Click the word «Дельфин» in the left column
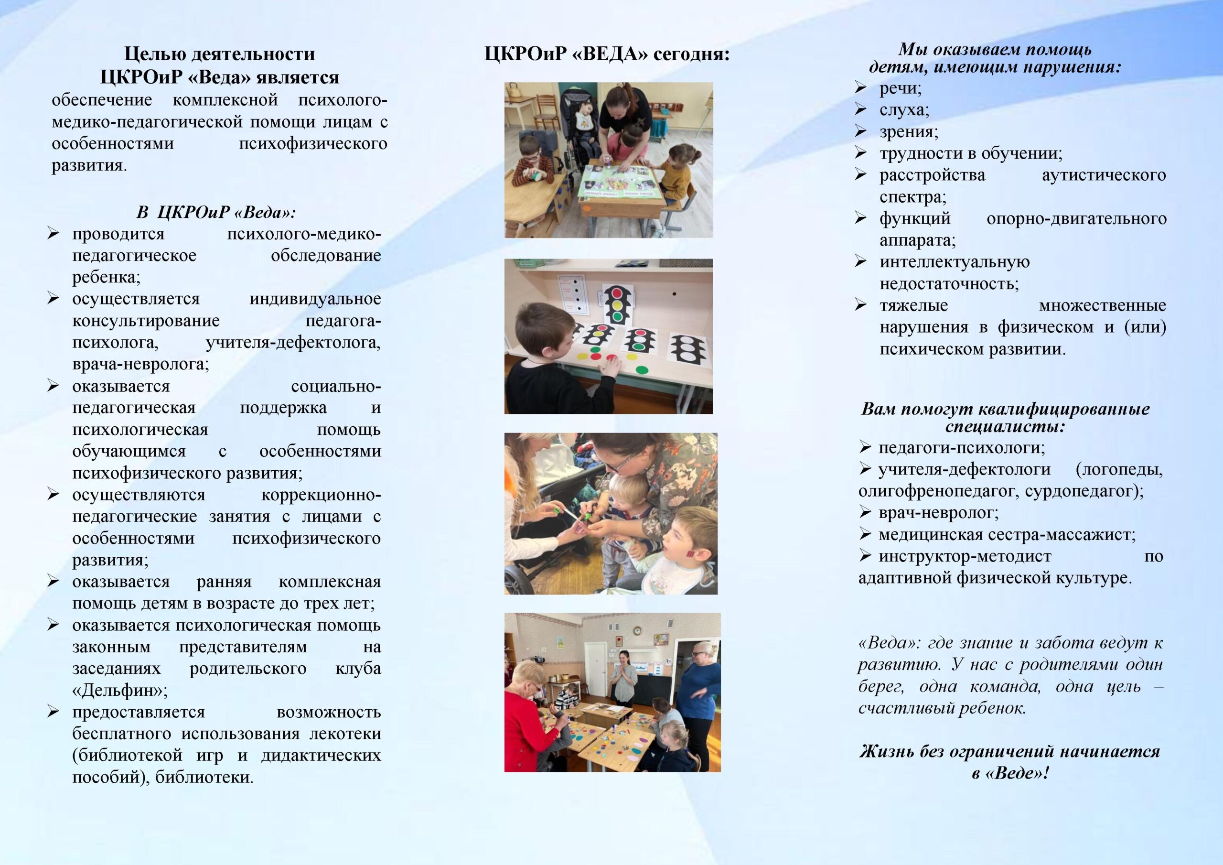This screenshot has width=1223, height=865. pyautogui.click(x=119, y=691)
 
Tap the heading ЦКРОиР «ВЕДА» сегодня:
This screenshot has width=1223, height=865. pyautogui.click(x=607, y=54)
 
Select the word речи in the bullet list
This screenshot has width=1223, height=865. pyautogui.click(x=899, y=88)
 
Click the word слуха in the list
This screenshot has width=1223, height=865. pyautogui.click(x=903, y=110)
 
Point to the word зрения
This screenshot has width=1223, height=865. pyautogui.click(x=908, y=131)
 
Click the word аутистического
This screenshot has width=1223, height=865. pyautogui.click(x=1104, y=175)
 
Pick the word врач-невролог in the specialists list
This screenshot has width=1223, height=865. pyautogui.click(x=937, y=513)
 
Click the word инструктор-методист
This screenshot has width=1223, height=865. pyautogui.click(x=965, y=556)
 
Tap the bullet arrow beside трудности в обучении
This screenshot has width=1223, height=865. pyautogui.click(x=861, y=153)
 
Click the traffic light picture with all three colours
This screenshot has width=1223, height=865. pyautogui.click(x=617, y=303)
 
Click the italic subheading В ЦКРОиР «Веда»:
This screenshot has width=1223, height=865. pyautogui.click(x=216, y=213)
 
